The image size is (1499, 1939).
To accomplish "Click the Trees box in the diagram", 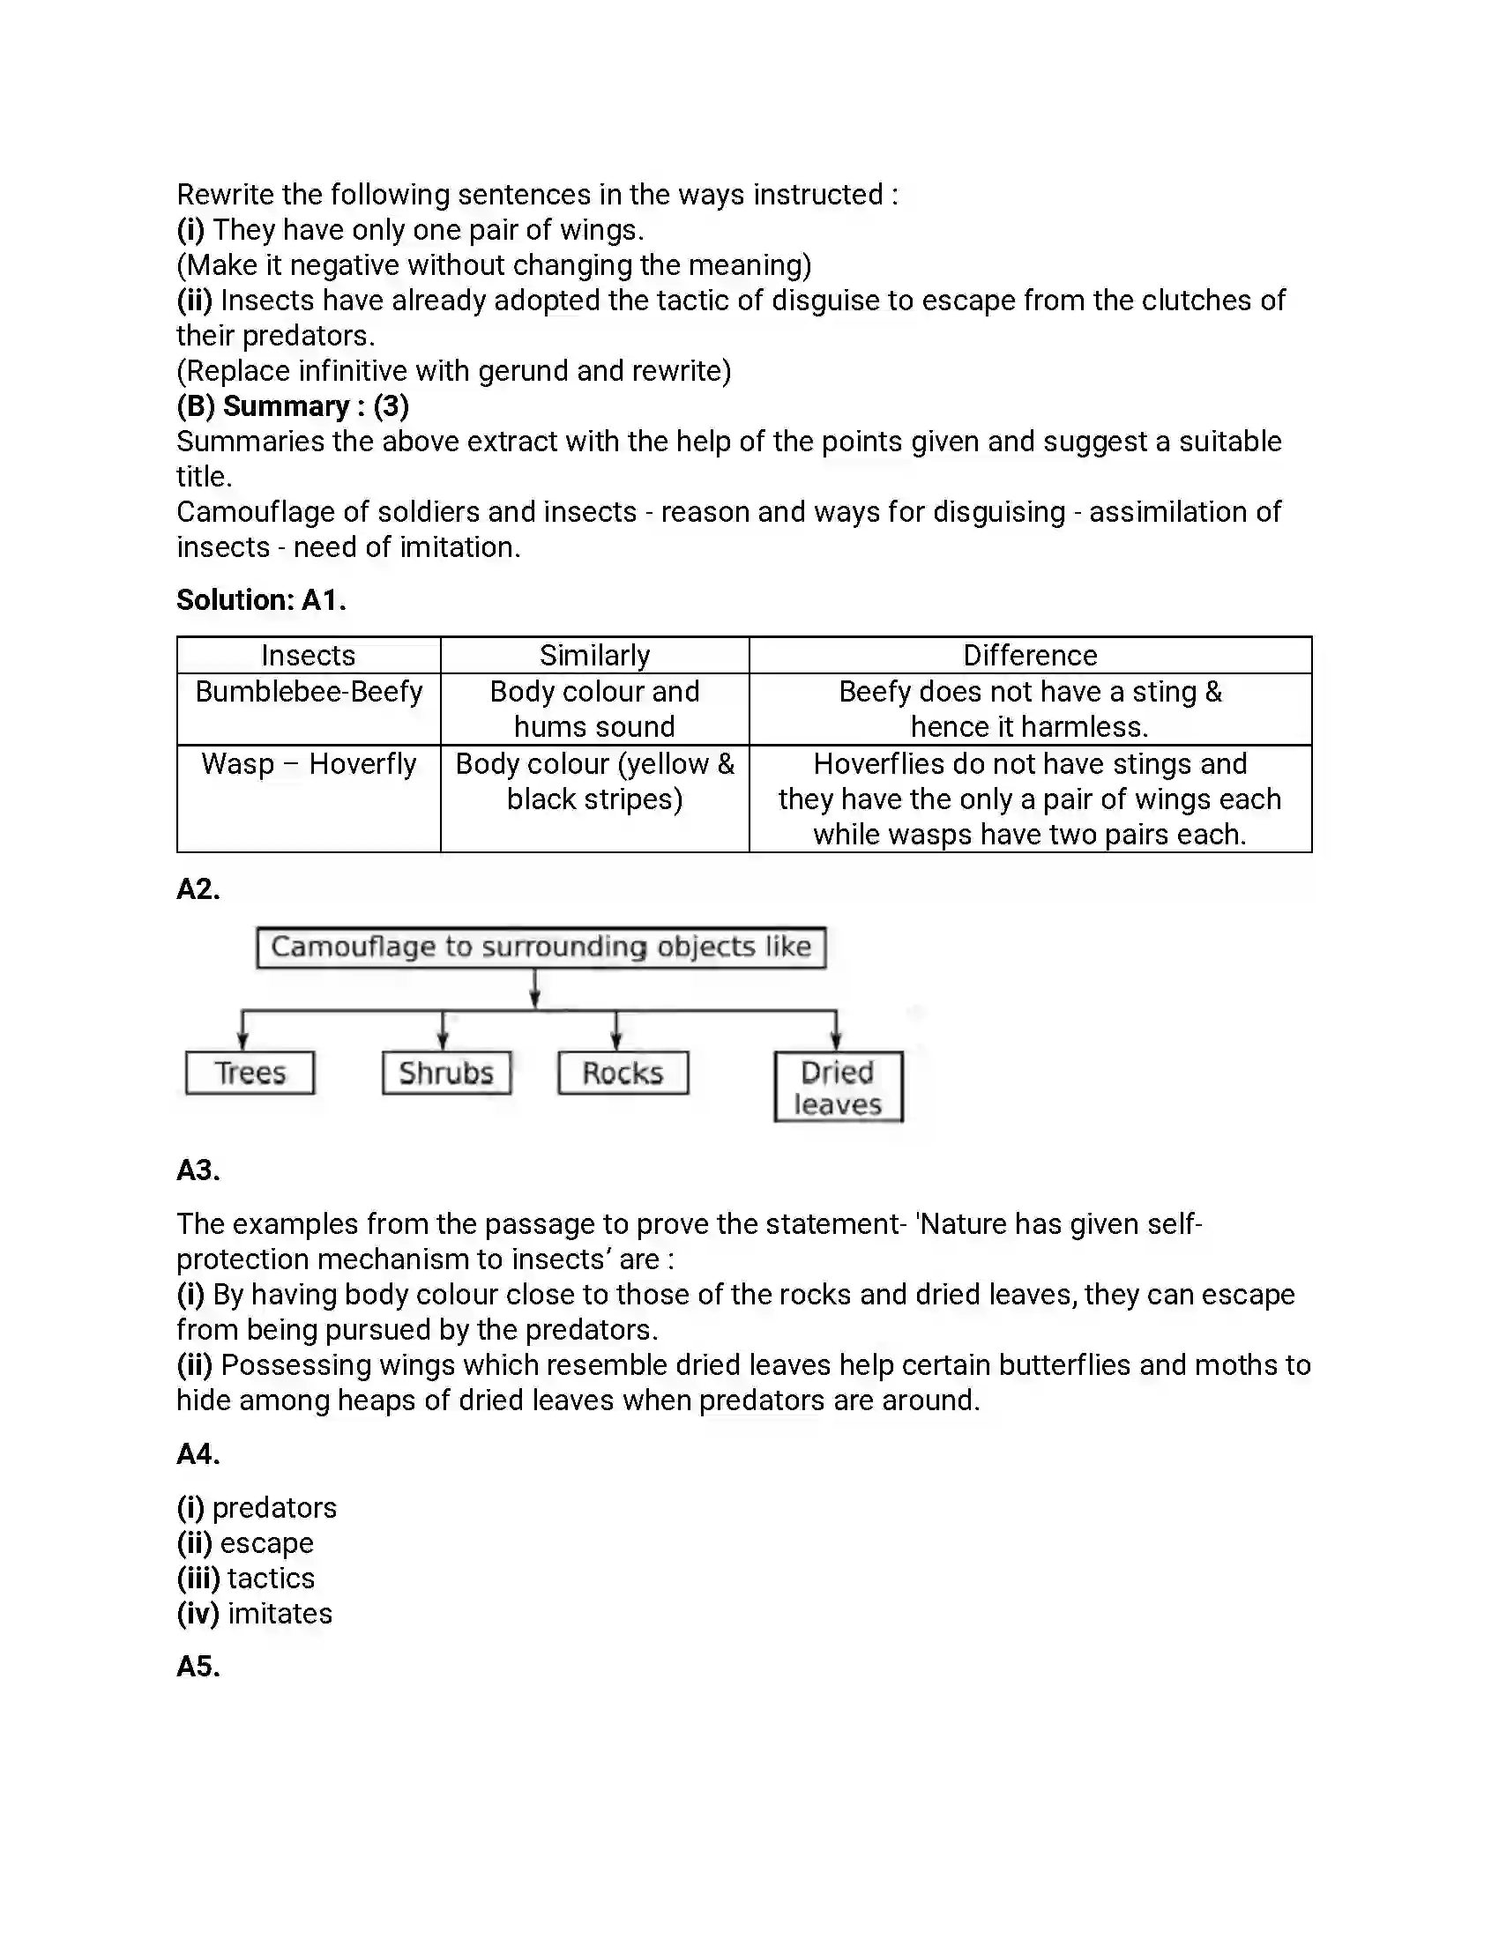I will (x=250, y=1073).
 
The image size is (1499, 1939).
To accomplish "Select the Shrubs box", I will (x=446, y=1073).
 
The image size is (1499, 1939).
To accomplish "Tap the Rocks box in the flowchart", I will (x=623, y=1073).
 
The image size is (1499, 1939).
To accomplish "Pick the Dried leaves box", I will (x=838, y=1087).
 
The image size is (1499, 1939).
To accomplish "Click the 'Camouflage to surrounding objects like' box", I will (x=541, y=947).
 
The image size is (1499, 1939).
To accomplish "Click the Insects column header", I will (x=308, y=655).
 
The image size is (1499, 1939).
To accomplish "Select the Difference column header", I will (x=1029, y=655).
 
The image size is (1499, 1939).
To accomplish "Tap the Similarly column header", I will (x=594, y=655).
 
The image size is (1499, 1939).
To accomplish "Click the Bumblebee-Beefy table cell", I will (x=308, y=692).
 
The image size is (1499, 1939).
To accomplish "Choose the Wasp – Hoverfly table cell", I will (x=308, y=763).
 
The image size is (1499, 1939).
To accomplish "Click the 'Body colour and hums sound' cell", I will (x=594, y=709).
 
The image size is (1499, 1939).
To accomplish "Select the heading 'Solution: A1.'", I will (x=261, y=600).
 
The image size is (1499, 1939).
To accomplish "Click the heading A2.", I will (x=198, y=888).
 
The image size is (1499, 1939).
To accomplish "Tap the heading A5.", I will (x=198, y=1667).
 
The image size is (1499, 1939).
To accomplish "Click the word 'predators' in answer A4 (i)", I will (x=274, y=1507).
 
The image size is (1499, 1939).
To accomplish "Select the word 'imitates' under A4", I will (x=280, y=1613).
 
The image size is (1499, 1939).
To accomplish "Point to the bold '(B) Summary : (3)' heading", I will (x=292, y=405).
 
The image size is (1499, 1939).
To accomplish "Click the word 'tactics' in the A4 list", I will (x=271, y=1578).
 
